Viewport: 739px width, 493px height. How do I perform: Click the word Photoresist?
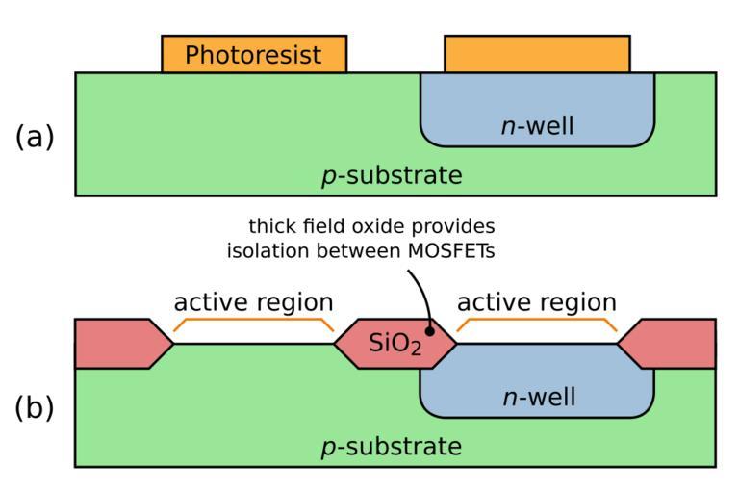coord(253,55)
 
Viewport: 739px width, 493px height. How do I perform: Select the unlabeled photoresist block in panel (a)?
coord(537,54)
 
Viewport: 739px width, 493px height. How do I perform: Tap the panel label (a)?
coord(36,137)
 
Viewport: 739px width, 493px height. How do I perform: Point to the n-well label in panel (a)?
coord(538,125)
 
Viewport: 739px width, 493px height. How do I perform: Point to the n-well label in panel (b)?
coord(538,397)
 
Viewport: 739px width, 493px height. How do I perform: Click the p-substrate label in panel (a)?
coord(392,177)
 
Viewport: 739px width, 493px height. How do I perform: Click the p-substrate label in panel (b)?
coord(392,448)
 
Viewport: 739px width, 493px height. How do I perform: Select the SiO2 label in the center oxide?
coord(395,345)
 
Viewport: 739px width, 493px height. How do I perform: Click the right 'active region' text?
coord(536,302)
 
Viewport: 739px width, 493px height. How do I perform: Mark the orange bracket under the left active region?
coord(253,321)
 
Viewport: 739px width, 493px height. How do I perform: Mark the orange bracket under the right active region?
coord(537,321)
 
